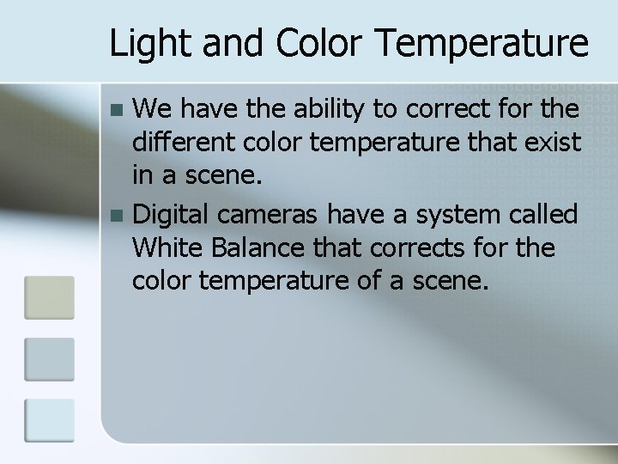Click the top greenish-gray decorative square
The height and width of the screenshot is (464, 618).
coord(50,296)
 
